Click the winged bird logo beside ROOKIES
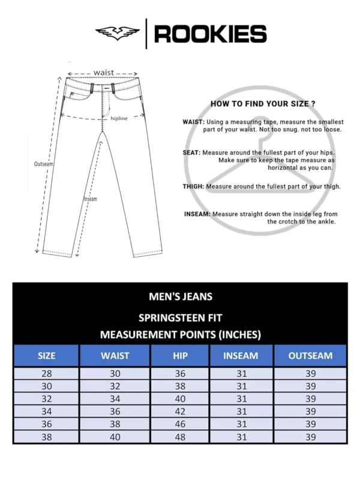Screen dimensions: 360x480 118,33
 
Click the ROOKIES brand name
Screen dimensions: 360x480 210,34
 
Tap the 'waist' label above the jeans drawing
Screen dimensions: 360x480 103,73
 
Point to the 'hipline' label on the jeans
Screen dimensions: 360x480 119,119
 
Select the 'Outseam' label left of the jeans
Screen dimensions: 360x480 43,163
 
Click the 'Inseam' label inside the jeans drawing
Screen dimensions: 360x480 90,199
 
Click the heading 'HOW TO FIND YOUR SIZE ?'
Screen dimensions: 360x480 263,104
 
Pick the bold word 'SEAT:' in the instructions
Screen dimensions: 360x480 191,152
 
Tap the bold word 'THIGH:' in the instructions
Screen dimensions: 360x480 193,187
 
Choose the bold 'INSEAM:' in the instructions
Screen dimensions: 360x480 197,214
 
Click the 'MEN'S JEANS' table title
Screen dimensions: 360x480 180,296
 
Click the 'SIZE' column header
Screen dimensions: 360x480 46,356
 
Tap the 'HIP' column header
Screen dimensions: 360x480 180,356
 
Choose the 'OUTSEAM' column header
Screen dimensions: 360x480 310,356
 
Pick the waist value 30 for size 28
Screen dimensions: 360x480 115,373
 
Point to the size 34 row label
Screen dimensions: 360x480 46,412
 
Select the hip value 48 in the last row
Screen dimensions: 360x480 180,437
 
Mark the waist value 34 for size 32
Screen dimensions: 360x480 115,399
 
